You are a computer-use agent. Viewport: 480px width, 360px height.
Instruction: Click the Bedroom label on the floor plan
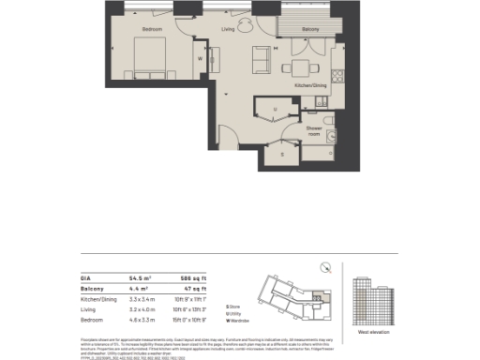tap(152, 30)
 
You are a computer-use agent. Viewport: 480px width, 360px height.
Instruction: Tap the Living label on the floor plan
tap(228, 30)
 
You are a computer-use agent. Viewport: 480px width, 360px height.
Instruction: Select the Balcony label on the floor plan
tap(285, 30)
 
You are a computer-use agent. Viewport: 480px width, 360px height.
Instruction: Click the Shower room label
tap(314, 130)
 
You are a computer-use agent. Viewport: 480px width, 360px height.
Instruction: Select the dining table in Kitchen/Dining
tap(301, 67)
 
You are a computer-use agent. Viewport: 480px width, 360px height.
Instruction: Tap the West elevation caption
tap(373, 332)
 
